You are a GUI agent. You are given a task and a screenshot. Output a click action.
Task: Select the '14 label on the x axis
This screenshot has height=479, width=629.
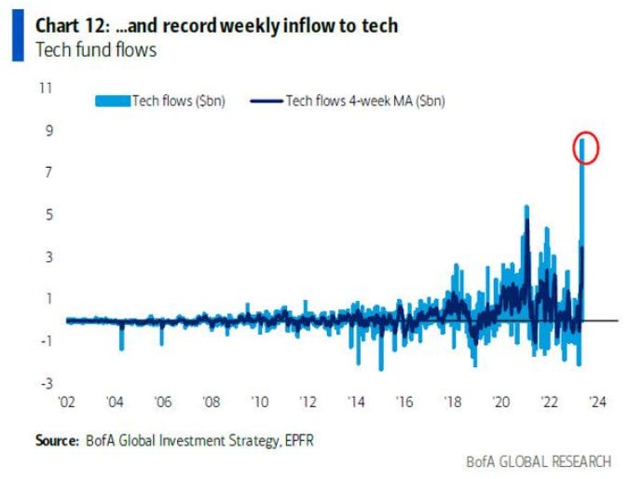click(x=357, y=403)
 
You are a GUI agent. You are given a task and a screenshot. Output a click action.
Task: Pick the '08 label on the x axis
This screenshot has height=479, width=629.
click(x=212, y=403)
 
